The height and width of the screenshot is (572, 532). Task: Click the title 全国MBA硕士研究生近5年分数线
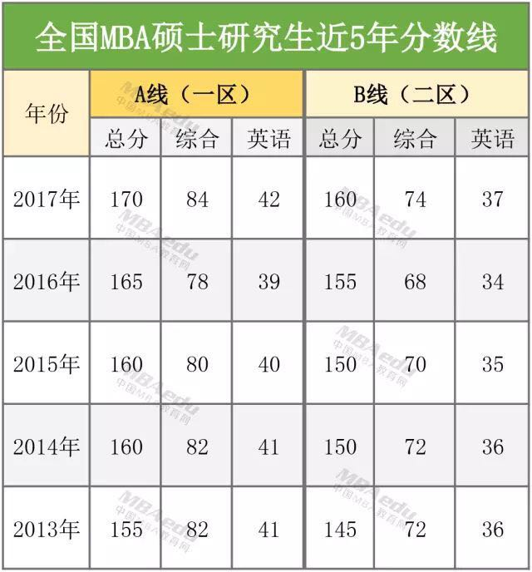click(x=266, y=38)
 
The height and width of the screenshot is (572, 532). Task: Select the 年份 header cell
click(x=47, y=113)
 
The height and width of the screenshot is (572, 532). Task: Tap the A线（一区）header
click(x=196, y=95)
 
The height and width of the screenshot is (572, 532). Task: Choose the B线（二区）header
click(x=416, y=95)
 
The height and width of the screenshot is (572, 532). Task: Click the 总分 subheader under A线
click(x=126, y=138)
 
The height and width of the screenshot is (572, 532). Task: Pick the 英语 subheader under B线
click(x=493, y=138)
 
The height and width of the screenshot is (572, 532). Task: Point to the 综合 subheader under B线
click(x=415, y=138)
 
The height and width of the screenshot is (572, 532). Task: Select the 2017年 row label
click(x=47, y=200)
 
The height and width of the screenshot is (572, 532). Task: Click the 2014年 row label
click(x=47, y=447)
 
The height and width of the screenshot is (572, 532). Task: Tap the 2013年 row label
click(x=47, y=530)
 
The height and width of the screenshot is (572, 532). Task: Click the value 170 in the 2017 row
click(x=126, y=200)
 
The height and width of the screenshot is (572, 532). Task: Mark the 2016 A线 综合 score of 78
click(x=197, y=282)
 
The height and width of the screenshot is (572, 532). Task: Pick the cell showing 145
click(x=339, y=530)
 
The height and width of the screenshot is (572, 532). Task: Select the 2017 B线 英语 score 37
click(x=493, y=200)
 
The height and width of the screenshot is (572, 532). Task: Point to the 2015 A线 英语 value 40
click(x=268, y=365)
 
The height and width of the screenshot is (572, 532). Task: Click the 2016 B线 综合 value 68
click(x=415, y=282)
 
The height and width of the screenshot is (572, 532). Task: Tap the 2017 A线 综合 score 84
click(x=197, y=200)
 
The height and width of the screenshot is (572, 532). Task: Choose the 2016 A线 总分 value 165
click(x=126, y=282)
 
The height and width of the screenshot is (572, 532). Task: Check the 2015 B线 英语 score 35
click(x=493, y=365)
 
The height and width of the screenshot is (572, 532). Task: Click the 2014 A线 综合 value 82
click(x=197, y=447)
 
